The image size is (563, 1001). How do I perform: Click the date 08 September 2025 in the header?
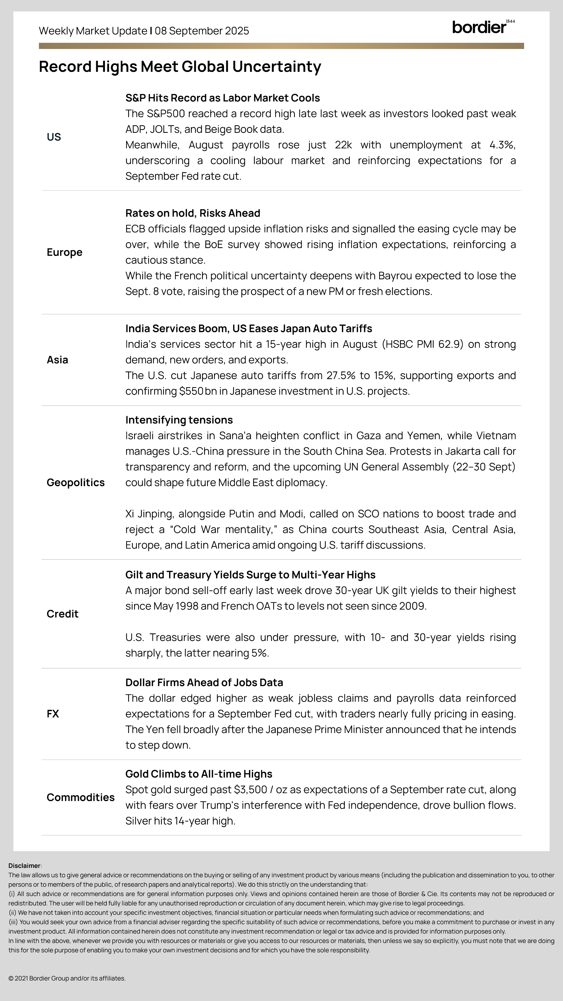pyautogui.click(x=202, y=31)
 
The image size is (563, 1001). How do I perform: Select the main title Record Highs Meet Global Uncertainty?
pyautogui.click(x=180, y=67)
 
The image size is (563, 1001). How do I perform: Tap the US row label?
pyautogui.click(x=54, y=137)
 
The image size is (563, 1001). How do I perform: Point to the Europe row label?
pyautogui.click(x=65, y=252)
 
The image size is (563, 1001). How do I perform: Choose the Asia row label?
pyautogui.click(x=57, y=360)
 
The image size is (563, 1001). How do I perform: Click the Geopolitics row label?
pyautogui.click(x=75, y=482)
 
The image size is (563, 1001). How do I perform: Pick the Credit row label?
pyautogui.click(x=62, y=614)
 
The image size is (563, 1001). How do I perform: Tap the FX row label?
pyautogui.click(x=53, y=714)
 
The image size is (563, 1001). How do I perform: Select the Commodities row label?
pyautogui.click(x=80, y=798)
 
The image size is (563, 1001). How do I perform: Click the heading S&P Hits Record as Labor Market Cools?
pyautogui.click(x=222, y=98)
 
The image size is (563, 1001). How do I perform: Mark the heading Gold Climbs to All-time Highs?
pyautogui.click(x=199, y=774)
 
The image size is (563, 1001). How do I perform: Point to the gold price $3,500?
pyautogui.click(x=250, y=790)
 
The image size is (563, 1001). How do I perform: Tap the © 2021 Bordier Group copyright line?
pyautogui.click(x=67, y=978)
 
